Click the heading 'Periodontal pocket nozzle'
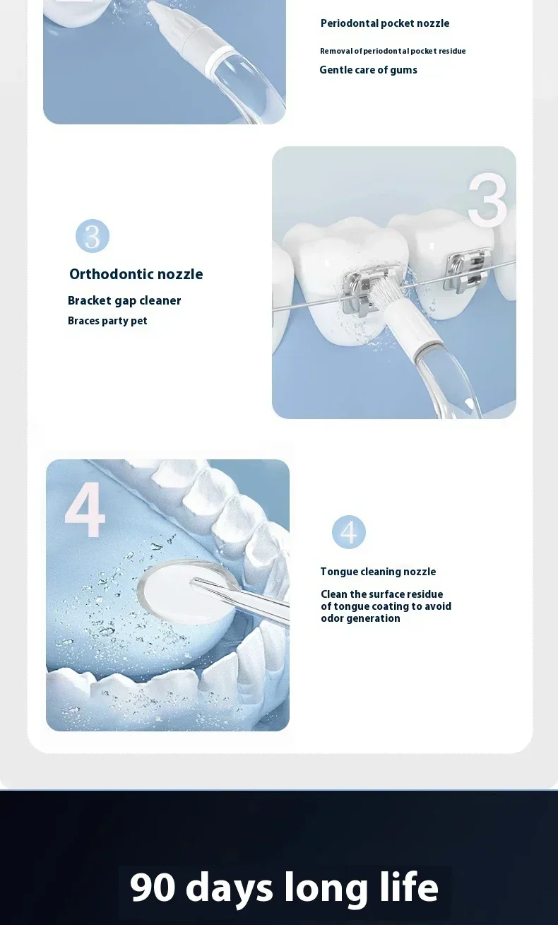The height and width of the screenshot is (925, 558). (x=385, y=23)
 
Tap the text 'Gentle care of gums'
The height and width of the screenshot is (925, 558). (x=368, y=70)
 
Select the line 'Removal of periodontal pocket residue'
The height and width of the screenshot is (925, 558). (x=393, y=51)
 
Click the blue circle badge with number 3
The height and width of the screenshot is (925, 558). (x=93, y=236)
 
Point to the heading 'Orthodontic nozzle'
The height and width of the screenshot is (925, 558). (x=136, y=273)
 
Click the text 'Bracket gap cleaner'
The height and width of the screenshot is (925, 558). (x=124, y=300)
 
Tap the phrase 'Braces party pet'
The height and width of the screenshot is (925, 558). (x=107, y=321)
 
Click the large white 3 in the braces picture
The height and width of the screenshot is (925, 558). (x=487, y=200)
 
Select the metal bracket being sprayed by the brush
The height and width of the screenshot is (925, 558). (x=369, y=291)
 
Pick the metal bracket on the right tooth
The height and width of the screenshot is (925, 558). (x=468, y=270)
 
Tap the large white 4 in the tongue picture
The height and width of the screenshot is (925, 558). (x=85, y=509)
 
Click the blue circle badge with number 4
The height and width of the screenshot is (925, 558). (x=349, y=532)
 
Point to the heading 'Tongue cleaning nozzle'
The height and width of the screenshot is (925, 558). (x=378, y=572)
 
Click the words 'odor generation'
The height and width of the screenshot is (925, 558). (x=360, y=618)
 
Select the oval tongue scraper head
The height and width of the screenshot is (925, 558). (x=188, y=591)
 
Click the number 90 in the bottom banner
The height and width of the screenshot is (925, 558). (x=153, y=887)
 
